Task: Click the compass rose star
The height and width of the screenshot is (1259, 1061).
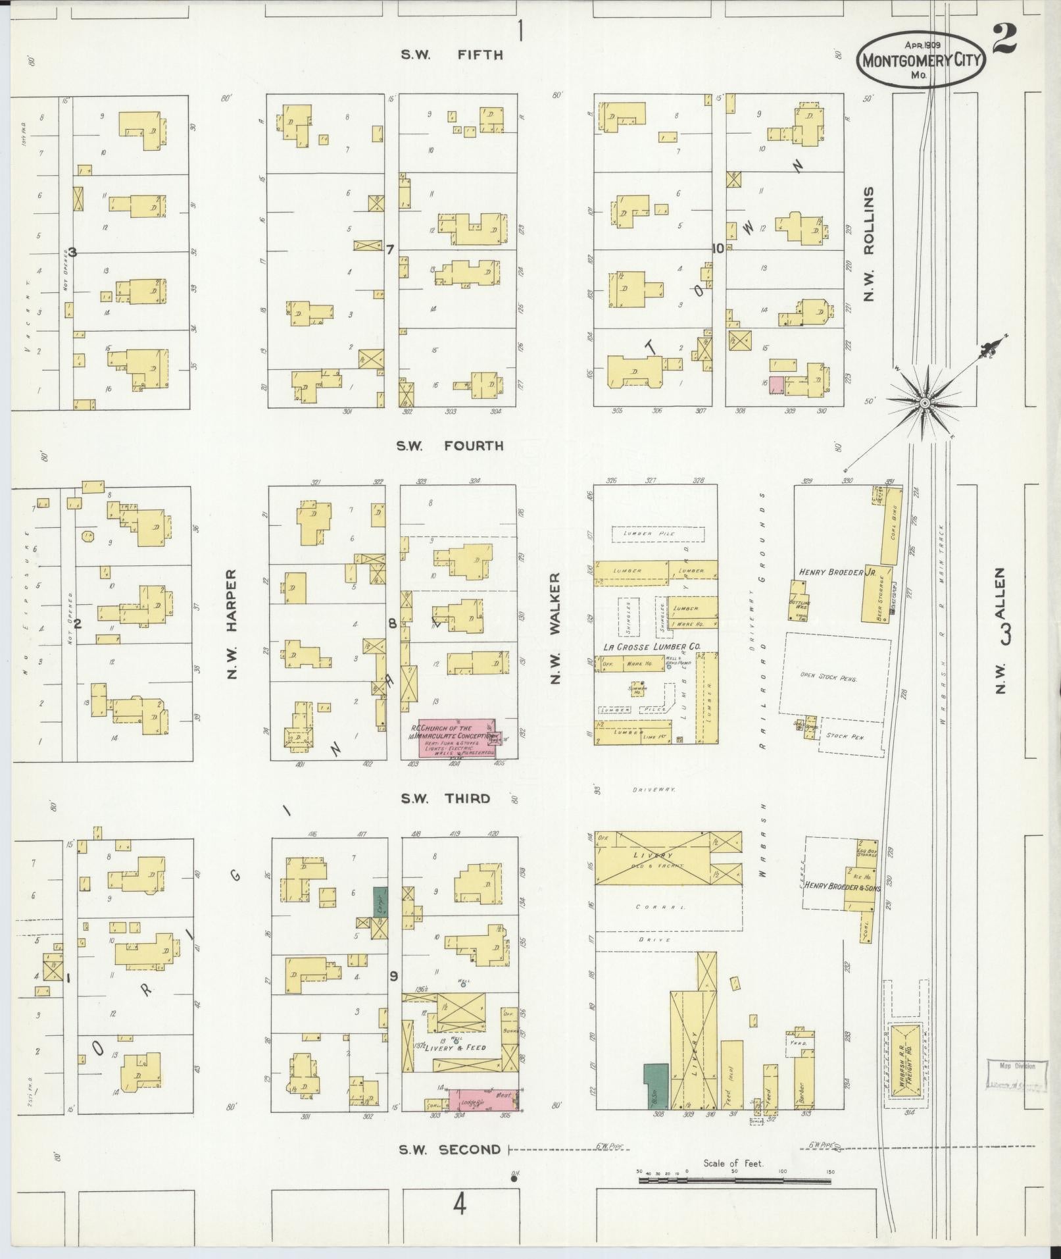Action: point(924,402)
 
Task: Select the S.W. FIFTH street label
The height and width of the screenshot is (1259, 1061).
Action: point(452,55)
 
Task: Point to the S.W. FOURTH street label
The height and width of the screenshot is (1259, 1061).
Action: point(449,446)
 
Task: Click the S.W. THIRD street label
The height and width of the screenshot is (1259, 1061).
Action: point(445,798)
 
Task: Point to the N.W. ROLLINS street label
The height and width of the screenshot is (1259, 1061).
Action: point(870,244)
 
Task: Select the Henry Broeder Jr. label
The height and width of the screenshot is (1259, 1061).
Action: point(833,572)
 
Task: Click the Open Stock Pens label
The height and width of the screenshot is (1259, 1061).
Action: point(828,677)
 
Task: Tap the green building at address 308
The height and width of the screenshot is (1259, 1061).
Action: point(656,1085)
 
